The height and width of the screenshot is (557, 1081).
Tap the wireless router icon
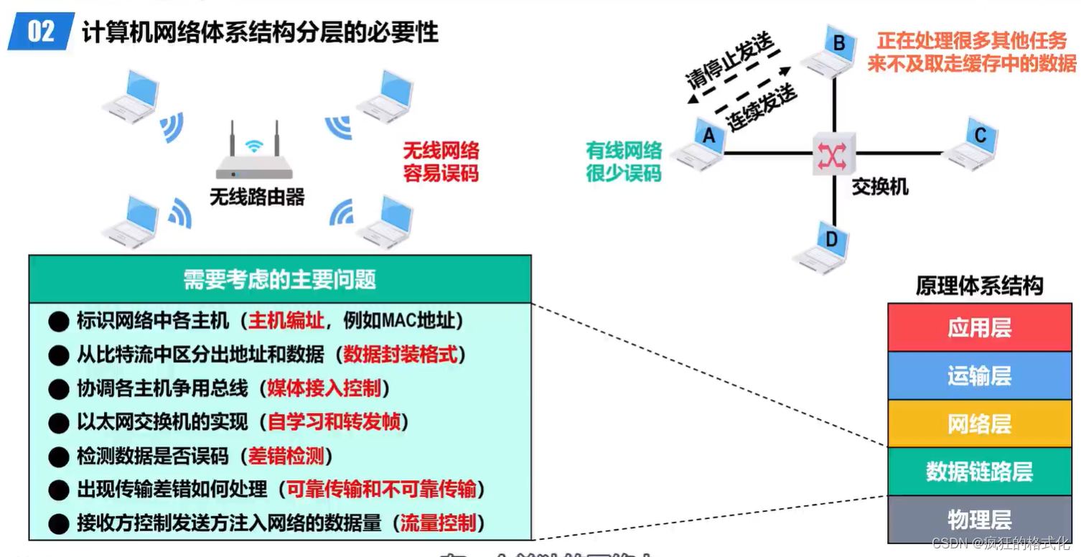click(x=254, y=154)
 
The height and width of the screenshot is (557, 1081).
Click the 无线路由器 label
click(x=257, y=197)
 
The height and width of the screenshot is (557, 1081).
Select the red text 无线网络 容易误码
click(x=440, y=162)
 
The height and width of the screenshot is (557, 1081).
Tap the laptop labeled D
click(x=824, y=246)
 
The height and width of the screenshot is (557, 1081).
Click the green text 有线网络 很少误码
click(x=623, y=162)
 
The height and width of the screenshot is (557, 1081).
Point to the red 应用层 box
click(x=979, y=327)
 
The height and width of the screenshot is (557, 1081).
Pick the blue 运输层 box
click(x=979, y=375)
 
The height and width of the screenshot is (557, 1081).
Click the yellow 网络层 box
click(x=979, y=423)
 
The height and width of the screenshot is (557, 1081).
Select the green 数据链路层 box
click(x=979, y=472)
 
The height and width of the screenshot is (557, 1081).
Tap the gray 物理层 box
click(x=979, y=519)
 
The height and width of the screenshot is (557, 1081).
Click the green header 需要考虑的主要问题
click(x=280, y=279)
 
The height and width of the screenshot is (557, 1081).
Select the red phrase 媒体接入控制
click(x=324, y=388)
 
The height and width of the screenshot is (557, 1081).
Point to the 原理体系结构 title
click(x=979, y=286)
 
